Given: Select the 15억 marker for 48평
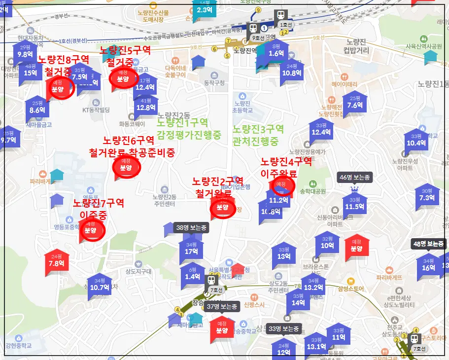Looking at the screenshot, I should tap(30, 72).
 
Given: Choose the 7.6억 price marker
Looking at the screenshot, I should tap(355, 105).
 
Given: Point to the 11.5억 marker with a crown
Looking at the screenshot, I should tap(354, 206).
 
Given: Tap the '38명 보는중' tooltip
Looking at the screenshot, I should tap(191, 227).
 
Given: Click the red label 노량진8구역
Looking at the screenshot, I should tap(64, 60).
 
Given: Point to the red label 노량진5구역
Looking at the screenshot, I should tap(125, 50).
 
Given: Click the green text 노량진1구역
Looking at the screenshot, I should tap(182, 122).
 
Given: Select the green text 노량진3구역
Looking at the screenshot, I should tap(258, 129).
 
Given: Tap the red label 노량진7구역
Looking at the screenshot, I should tap(99, 203).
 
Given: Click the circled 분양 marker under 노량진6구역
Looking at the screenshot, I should tap(127, 167).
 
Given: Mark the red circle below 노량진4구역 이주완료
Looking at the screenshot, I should tap(283, 185).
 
